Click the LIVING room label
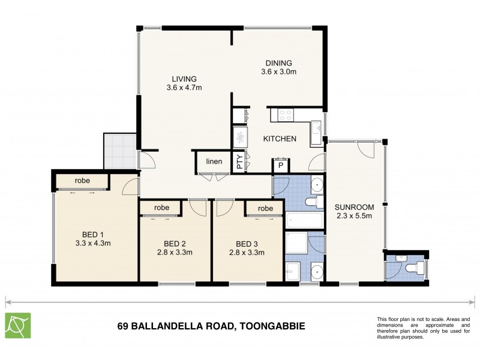(184, 79)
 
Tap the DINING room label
(279, 63)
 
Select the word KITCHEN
(280, 139)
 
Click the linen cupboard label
(214, 161)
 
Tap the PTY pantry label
(239, 163)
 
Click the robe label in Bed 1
(83, 181)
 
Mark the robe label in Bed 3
(265, 208)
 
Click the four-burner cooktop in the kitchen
(282, 113)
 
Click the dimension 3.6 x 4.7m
(184, 88)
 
